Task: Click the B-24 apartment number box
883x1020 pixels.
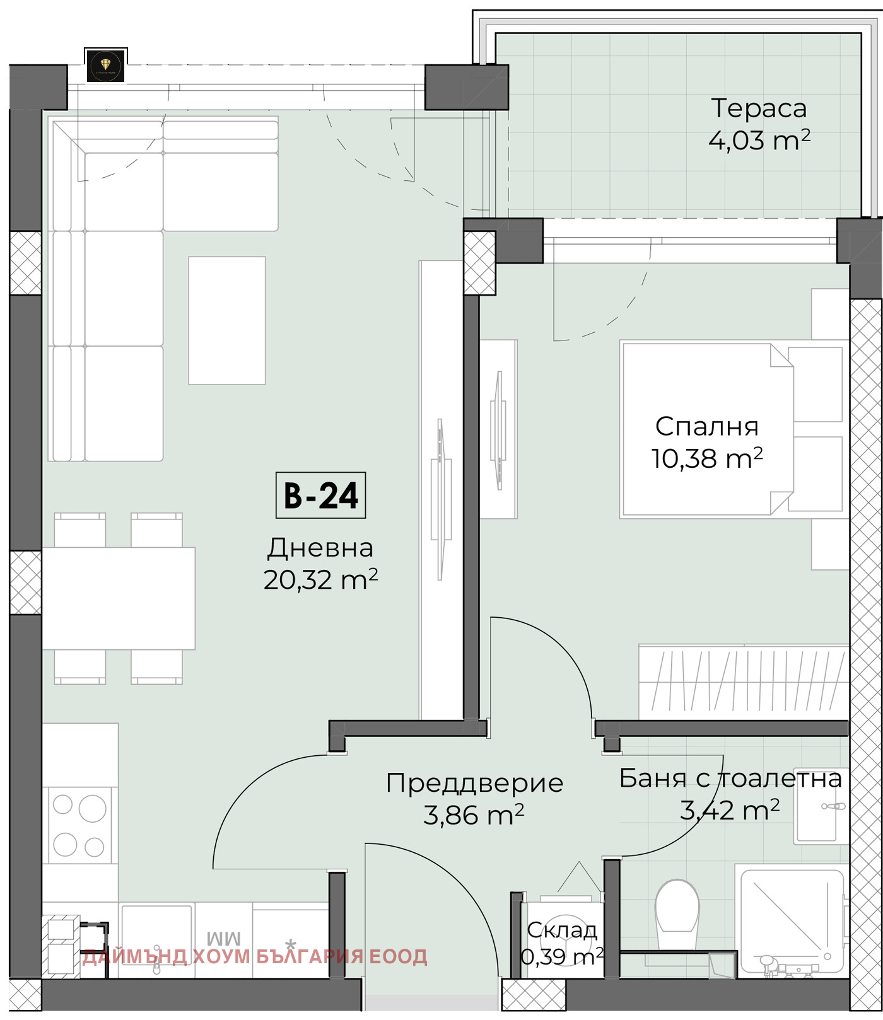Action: [320, 496]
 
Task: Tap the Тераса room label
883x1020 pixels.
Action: [759, 108]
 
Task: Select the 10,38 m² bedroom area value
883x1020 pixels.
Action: [706, 458]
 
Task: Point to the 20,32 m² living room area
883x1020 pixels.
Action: [320, 580]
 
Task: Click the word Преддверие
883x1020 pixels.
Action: [474, 784]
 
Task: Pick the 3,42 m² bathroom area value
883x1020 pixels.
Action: [729, 810]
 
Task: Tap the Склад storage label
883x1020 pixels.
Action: [561, 930]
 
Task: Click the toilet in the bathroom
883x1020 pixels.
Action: [677, 908]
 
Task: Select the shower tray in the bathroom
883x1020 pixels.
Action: [792, 920]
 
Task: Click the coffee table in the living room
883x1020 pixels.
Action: [227, 320]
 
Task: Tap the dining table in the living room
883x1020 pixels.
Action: [119, 598]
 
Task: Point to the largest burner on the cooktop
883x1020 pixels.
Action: [92, 808]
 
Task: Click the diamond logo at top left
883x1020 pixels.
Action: [106, 66]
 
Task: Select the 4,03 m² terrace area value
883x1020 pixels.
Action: [759, 141]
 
